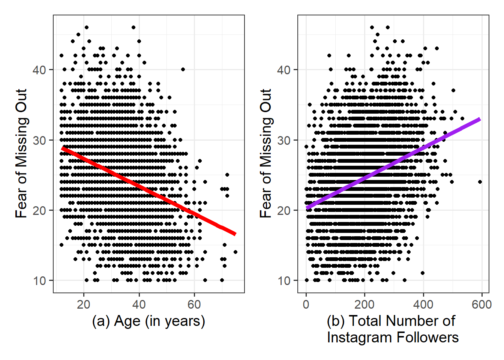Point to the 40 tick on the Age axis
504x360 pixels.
[139, 304]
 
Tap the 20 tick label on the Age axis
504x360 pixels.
[84, 304]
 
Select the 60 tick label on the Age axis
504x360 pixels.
[194, 304]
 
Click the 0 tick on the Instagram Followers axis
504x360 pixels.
[306, 304]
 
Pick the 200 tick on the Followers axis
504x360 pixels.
[364, 304]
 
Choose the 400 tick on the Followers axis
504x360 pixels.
[423, 304]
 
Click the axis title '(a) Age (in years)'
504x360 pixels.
[148, 321]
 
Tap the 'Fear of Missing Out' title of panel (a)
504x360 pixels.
[22, 153]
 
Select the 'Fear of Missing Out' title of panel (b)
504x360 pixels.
[266, 153]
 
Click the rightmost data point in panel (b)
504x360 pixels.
[480, 182]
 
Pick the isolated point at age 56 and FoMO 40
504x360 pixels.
[183, 69]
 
